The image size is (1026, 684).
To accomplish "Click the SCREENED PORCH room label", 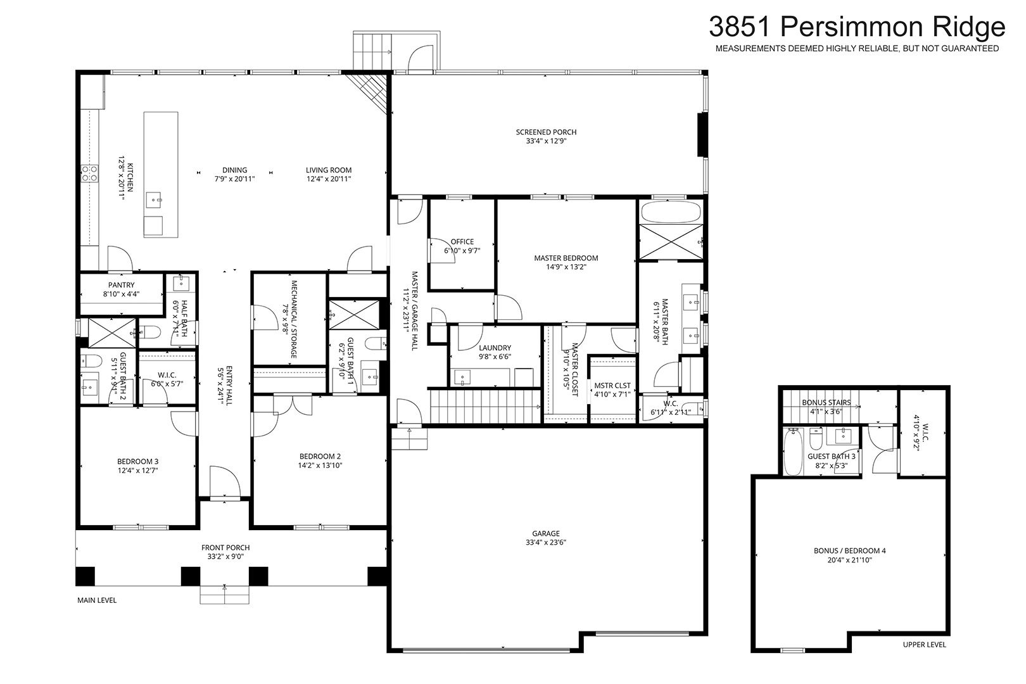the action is (x=546, y=132).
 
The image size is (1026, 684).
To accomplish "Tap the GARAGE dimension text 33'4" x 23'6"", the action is (x=546, y=542).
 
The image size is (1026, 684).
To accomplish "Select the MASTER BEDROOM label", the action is (x=566, y=258).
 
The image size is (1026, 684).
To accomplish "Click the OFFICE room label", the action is (x=462, y=241).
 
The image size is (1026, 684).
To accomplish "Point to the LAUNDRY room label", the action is (x=495, y=348).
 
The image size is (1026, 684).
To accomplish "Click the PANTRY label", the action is (x=122, y=285).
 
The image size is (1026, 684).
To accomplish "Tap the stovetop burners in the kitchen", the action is (x=89, y=173).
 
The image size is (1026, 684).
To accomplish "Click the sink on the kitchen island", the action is (x=154, y=200).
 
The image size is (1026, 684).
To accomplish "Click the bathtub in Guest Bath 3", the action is (x=793, y=452).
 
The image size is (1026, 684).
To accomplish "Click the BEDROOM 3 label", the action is (x=138, y=461).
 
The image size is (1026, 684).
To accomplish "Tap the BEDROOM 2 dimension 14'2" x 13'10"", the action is (x=320, y=465).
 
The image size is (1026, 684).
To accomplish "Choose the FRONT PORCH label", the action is (x=225, y=547).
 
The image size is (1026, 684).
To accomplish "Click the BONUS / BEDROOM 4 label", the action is (x=850, y=550).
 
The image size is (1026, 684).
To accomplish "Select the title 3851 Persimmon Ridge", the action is (x=857, y=27).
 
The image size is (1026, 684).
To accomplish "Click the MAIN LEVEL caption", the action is (x=97, y=600).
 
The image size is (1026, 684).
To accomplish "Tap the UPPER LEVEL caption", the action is (x=924, y=645).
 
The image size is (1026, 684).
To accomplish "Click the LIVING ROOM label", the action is (x=329, y=170).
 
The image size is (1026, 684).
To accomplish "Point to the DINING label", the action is (x=234, y=170).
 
